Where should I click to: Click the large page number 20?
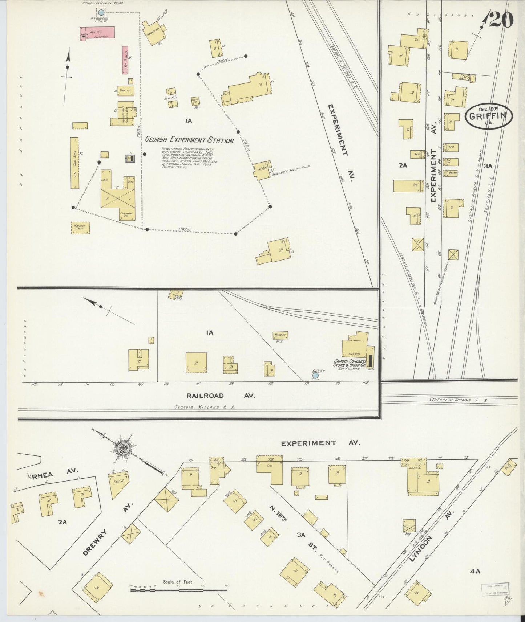501,20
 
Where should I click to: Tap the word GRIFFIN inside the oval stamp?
490,116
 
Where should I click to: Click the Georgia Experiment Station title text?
189,140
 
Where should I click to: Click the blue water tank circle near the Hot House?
101,13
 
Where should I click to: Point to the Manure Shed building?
80,228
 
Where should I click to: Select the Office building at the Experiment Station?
262,170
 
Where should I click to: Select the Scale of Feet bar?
178,589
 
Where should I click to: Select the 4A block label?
475,571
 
